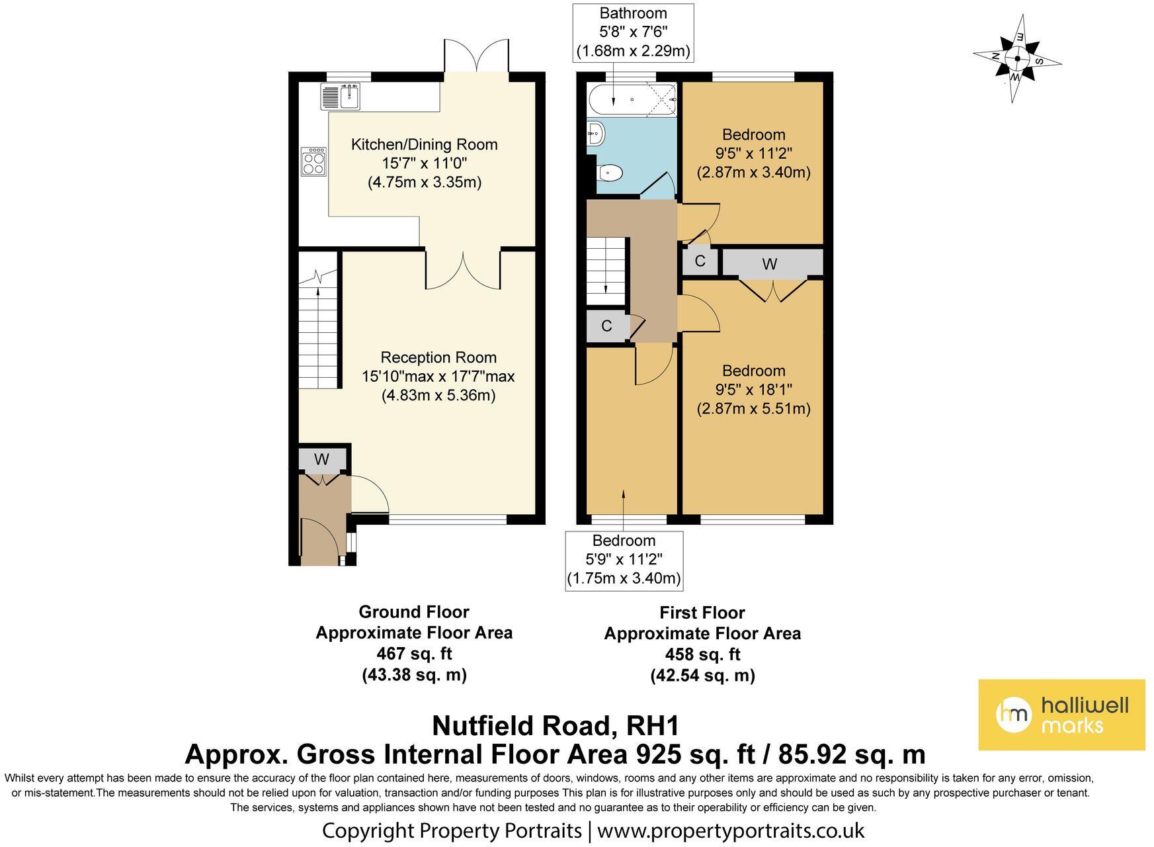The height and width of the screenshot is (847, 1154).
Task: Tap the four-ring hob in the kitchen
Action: coord(313,161)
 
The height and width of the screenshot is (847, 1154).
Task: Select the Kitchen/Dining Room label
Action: coord(424,144)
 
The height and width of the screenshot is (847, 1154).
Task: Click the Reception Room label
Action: coord(438,357)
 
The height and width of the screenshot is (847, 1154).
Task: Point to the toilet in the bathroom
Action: coord(609,173)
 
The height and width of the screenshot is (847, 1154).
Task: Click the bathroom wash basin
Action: coord(595,134)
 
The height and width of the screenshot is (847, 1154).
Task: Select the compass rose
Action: coord(1017,59)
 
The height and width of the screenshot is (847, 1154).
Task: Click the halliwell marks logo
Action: coord(1061,715)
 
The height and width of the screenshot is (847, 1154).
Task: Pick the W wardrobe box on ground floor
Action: coord(322,459)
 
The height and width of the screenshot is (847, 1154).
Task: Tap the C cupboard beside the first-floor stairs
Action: coord(607,326)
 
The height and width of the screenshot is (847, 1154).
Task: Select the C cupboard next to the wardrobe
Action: coord(700,261)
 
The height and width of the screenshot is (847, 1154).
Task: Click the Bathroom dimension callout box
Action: coord(633,32)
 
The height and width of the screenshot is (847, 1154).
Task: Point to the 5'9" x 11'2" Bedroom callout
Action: coord(624,560)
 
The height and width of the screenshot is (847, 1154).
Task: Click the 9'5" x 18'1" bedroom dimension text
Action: coord(753,389)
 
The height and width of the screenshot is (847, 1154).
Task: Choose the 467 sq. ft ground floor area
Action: coord(414,653)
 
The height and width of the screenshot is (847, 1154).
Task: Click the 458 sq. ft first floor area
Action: coord(702,654)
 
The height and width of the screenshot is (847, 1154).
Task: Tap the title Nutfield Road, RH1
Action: coord(556,726)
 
